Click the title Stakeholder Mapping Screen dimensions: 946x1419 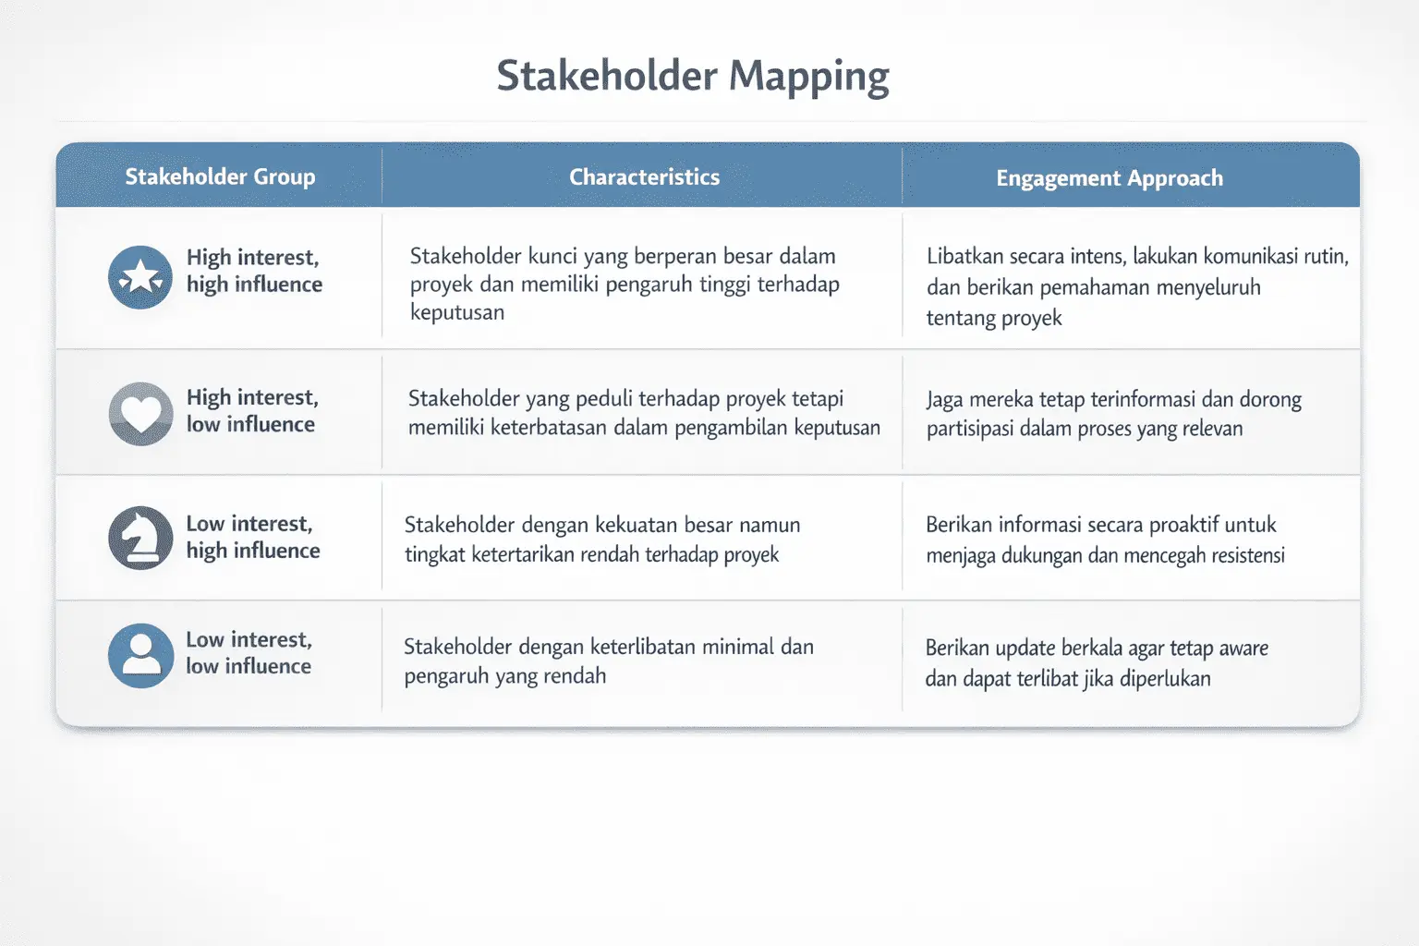693,76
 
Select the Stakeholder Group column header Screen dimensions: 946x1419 220,176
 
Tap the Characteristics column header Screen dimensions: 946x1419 644,176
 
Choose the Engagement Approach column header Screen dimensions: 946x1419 1109,177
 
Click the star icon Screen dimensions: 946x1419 140,277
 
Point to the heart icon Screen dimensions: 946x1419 140,413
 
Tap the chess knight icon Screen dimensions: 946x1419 140,538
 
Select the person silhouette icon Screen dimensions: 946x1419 140,655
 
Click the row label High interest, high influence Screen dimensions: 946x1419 254,271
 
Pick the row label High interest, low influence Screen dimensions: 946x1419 252,410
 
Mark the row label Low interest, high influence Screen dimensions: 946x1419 252,537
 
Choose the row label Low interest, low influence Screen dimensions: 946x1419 249,652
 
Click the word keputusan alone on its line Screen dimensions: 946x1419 457,312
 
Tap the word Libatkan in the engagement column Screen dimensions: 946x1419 964,256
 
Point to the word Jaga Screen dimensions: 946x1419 945,400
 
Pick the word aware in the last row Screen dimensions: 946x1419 1243,648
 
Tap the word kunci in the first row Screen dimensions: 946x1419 552,256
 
